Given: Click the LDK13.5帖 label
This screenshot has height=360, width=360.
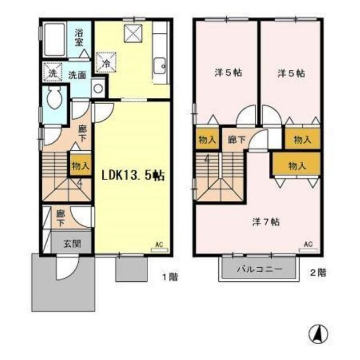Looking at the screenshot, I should (x=133, y=174).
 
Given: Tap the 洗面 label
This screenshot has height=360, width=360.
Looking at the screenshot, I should (x=77, y=74).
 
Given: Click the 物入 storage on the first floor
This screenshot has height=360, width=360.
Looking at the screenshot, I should (x=80, y=165).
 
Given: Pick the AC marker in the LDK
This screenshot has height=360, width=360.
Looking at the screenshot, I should (x=159, y=244).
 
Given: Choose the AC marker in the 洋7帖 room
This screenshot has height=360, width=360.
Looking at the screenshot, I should (x=308, y=244).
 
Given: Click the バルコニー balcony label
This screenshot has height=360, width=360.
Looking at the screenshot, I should (x=259, y=269).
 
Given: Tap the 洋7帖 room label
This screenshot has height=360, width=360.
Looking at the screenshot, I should (x=262, y=222).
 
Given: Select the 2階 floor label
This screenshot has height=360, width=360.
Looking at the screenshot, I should (x=318, y=273).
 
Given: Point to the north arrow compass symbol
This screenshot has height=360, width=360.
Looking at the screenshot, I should (x=318, y=335).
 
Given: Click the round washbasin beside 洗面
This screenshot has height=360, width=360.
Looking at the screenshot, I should (x=98, y=88).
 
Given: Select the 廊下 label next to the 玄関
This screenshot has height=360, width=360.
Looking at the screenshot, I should (x=60, y=218).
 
